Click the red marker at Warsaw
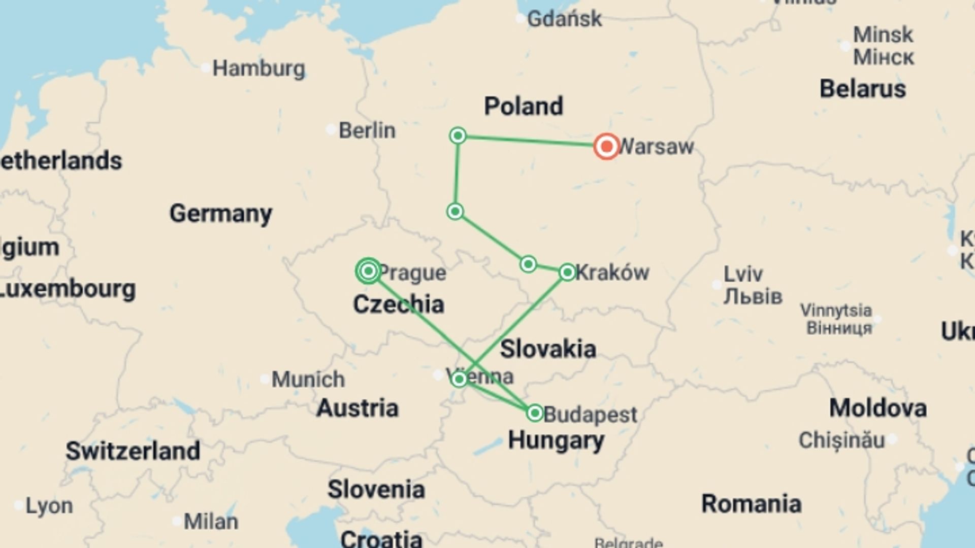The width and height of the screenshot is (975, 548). pos(606,147)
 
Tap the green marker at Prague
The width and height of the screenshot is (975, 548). pos(369,271)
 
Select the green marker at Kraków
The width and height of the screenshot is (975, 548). pos(567,272)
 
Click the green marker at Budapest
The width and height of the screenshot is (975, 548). pos(535,413)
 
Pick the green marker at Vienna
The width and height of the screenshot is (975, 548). pos(459,379)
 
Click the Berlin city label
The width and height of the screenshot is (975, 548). pos(367,130)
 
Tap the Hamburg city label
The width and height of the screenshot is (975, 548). pos(258,68)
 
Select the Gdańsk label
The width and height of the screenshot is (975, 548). pos(564,19)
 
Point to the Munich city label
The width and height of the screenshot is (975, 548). pos(308,379)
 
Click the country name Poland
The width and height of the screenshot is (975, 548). pos(523,106)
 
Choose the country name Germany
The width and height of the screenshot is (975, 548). pos(220,213)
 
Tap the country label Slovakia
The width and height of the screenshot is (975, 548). pos(548,349)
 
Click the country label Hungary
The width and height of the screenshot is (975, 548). pos(556,440)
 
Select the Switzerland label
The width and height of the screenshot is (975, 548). pos(133,451)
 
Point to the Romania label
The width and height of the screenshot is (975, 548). pos(751,504)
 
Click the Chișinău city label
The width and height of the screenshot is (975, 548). pos(841,440)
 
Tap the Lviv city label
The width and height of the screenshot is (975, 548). pos(743,274)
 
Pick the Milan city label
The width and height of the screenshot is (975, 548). pos(211,521)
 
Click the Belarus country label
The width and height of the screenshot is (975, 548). pos(862,89)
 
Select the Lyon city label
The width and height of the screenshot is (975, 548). pos(49,506)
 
